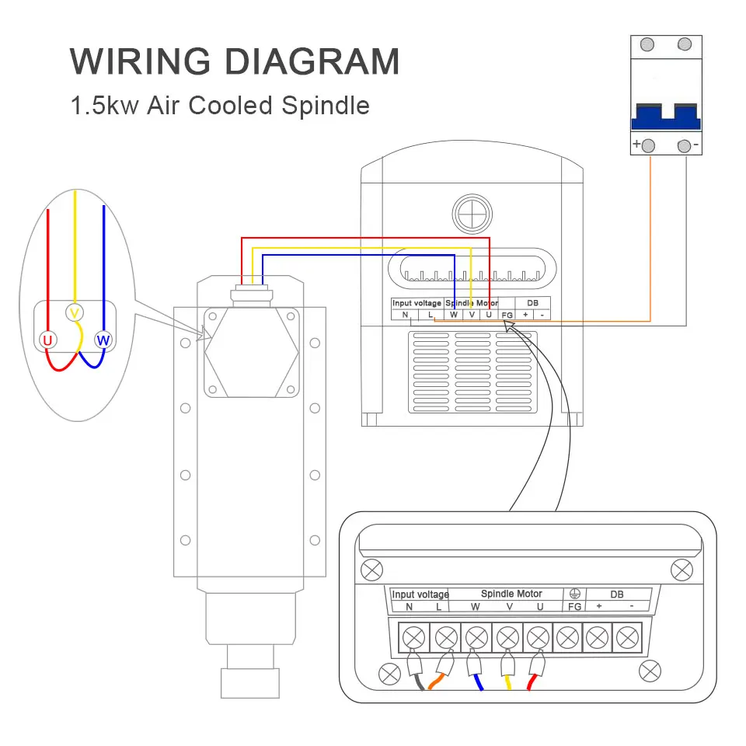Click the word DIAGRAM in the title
click(312, 61)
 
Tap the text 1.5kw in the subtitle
click(105, 105)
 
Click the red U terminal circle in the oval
click(47, 340)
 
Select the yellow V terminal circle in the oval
click(75, 312)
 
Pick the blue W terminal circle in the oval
click(103, 340)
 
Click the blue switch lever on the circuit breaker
click(666, 117)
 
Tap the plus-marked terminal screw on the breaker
click(648, 145)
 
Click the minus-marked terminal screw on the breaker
click(684, 145)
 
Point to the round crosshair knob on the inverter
click(472, 214)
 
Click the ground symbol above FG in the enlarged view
click(575, 593)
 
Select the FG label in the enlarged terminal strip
click(575, 607)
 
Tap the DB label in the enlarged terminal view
click(616, 594)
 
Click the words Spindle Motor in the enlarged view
click(511, 594)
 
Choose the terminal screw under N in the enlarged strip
click(414, 637)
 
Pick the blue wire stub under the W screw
click(478, 682)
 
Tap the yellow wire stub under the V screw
click(508, 682)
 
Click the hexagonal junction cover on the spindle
click(252, 353)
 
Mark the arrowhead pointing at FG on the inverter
click(508, 326)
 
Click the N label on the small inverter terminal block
click(405, 315)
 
